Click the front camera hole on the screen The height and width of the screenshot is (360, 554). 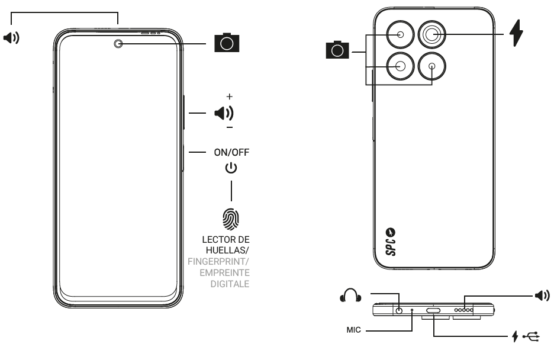(x=119, y=43)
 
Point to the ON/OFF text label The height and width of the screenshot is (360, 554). (x=231, y=152)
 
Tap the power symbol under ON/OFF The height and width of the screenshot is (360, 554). (x=231, y=168)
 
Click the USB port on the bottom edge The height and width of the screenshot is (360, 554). (x=433, y=310)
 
